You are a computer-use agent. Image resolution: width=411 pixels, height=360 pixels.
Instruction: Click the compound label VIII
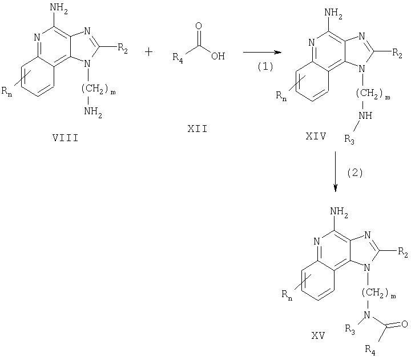[66, 138]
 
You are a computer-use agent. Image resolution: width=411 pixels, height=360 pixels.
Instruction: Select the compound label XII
[198, 129]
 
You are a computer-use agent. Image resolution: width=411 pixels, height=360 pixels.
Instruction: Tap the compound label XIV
[316, 136]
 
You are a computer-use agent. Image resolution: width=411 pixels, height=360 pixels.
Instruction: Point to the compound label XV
[319, 335]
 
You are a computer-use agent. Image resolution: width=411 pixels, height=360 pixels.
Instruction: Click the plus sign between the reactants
[148, 52]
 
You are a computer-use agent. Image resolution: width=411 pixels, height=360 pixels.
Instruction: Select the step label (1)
[265, 67]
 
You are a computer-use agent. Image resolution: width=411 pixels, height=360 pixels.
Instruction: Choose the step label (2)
[355, 173]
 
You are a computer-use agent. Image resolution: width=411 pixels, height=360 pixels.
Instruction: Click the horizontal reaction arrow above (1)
[262, 52]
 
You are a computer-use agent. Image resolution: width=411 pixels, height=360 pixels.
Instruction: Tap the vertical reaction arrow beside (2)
[336, 171]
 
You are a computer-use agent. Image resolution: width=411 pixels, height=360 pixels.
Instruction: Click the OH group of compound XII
[218, 56]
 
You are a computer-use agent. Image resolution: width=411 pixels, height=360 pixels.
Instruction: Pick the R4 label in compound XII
[178, 57]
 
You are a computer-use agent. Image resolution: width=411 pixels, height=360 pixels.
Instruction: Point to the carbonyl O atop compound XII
[199, 26]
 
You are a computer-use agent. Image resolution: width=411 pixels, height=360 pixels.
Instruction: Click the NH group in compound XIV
[365, 115]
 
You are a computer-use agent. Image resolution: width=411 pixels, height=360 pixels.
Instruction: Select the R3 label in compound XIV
[350, 139]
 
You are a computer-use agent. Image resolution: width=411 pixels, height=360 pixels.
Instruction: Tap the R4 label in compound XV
[370, 350]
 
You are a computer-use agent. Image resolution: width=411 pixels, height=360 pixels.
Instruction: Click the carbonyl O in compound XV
[405, 324]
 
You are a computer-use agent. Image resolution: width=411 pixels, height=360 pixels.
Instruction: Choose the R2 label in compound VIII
[123, 48]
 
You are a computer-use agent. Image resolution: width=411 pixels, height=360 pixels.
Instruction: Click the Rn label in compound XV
[287, 294]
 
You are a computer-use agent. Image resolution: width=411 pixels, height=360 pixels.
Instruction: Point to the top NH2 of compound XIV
[333, 13]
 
